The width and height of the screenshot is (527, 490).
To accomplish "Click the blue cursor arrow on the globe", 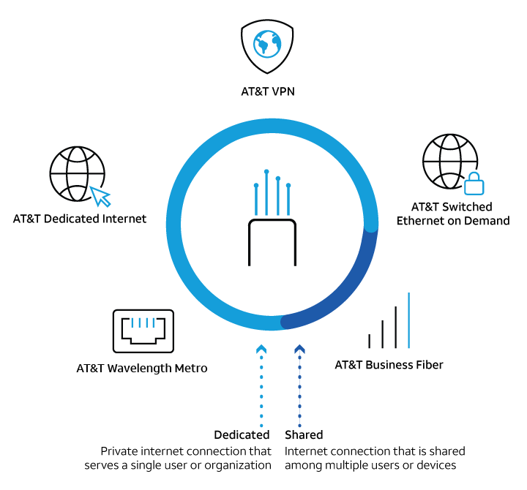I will tap(100, 195).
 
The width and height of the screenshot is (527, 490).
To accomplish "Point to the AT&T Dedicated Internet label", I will tap(80, 219).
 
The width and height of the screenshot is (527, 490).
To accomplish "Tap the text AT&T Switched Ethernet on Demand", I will tap(452, 214).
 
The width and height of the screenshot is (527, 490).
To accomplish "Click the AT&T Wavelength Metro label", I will tap(142, 369).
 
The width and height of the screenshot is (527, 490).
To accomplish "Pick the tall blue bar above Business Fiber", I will tap(408, 320).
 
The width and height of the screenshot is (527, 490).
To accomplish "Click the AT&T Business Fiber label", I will tap(389, 364).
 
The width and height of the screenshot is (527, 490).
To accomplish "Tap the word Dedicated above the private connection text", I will tap(242, 435).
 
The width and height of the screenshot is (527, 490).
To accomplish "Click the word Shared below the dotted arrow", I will tap(304, 435).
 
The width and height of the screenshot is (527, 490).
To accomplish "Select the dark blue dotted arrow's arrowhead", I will tap(299, 350).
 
